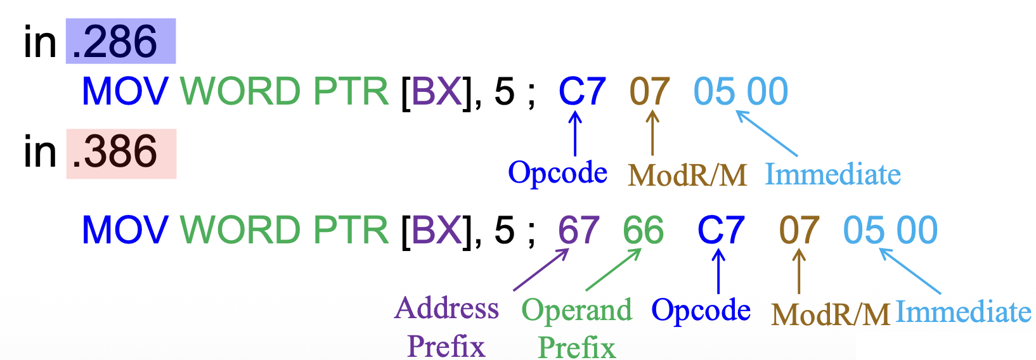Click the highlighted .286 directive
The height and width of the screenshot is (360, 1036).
pos(120,42)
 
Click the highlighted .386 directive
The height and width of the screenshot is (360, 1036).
pos(120,153)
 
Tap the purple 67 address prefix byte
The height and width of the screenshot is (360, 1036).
pos(578,230)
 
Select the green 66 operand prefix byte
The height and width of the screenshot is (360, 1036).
pos(643,230)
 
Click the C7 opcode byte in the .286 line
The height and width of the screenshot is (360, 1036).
pos(582,92)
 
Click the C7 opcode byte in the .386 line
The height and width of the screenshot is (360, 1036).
pos(720,230)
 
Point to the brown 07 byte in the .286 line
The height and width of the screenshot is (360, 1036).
pos(649,92)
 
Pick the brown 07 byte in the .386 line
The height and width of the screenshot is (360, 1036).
pos(799,230)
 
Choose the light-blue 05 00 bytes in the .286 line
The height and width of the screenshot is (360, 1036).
pos(741,92)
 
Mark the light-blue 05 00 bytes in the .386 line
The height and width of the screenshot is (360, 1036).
pos(890,230)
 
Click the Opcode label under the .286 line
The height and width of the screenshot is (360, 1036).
pos(557,172)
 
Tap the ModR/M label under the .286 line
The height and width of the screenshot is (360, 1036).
pos(687,175)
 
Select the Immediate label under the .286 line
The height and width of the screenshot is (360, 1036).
pos(832,174)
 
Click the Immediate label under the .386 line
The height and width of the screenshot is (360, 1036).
pos(963,312)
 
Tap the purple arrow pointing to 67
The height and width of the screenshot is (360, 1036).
pos(540,270)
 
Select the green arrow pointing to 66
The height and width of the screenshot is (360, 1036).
pos(613,270)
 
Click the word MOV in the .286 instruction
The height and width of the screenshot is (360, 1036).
pos(125,92)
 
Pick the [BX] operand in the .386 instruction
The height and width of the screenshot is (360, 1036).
pos(437,230)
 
